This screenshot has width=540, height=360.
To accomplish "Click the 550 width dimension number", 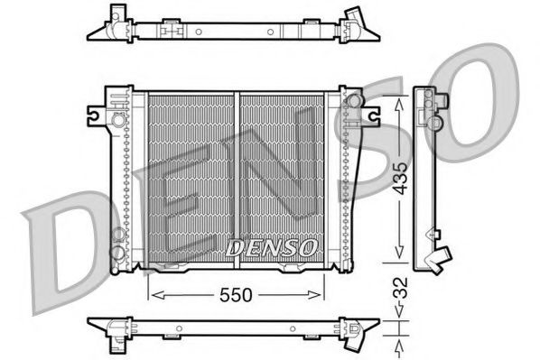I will pyautogui.click(x=235, y=294).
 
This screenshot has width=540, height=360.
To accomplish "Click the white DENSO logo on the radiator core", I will pyautogui.click(x=270, y=246).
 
